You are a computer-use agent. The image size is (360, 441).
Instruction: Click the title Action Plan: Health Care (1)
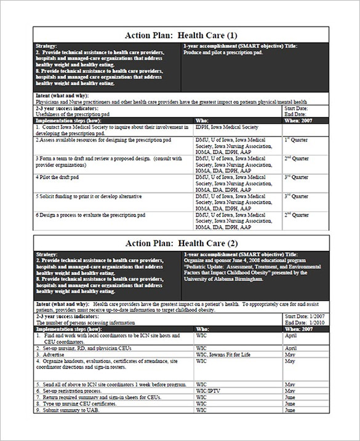pos(180,34)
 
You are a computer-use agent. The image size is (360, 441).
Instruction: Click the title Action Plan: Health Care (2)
pos(180,243)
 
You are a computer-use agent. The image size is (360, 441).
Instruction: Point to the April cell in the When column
pos(291,336)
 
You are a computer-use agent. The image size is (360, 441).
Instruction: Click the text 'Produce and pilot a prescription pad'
pos(228,53)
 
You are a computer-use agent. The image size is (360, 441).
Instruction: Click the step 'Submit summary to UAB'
pos(71,410)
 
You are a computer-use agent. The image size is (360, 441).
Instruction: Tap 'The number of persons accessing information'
pos(87,322)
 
